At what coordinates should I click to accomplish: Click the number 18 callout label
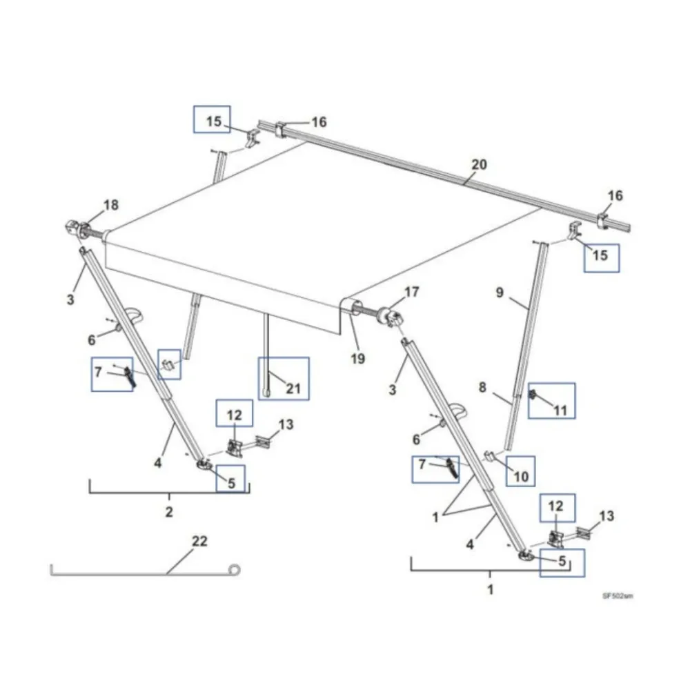[110, 204]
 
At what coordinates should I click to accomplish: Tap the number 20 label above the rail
[479, 164]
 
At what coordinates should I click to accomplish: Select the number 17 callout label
[412, 292]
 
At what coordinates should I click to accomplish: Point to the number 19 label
[357, 358]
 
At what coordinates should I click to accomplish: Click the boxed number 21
[294, 388]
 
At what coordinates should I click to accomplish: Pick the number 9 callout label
[500, 292]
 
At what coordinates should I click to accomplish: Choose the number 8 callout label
[482, 388]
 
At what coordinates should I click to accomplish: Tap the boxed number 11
[560, 410]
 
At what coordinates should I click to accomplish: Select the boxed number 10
[521, 475]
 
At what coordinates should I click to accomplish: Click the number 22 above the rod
[199, 542]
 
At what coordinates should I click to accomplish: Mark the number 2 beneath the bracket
[169, 512]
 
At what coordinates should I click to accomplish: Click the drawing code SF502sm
[618, 594]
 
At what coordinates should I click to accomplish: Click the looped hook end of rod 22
[235, 570]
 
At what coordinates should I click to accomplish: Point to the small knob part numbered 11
[533, 395]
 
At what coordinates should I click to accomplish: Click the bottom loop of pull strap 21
[266, 393]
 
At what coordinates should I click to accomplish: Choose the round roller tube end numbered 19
[352, 306]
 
